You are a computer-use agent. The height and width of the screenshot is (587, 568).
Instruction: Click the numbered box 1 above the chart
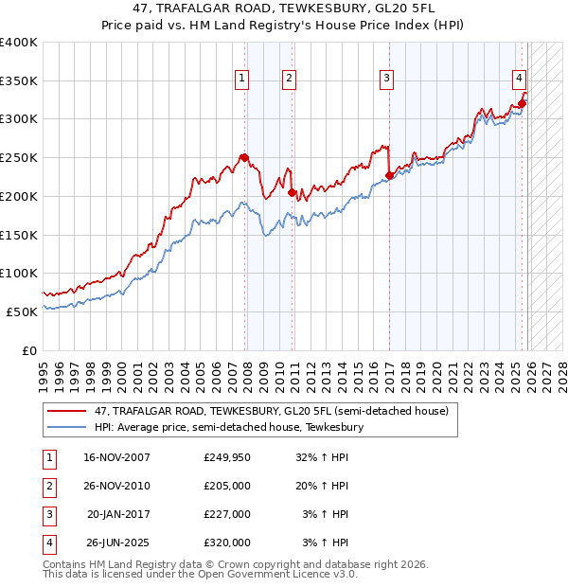(x=242, y=79)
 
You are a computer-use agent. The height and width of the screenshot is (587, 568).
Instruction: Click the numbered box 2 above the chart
(x=289, y=79)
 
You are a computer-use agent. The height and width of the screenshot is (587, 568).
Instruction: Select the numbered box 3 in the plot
(x=387, y=79)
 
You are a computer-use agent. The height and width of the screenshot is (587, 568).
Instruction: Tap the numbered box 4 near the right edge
(x=520, y=79)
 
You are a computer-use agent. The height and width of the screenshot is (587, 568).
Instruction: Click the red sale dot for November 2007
(x=244, y=157)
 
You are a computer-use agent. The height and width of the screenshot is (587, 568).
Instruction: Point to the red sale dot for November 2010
(x=292, y=192)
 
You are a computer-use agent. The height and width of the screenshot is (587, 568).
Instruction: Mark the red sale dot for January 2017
(x=389, y=175)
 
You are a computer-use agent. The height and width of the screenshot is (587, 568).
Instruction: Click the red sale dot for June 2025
(x=522, y=103)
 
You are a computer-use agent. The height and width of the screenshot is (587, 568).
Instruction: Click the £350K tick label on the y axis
(x=19, y=80)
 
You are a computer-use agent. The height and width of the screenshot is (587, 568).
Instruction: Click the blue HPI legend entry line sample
(x=67, y=428)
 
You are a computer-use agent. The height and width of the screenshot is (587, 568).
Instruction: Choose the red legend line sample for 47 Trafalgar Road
(x=67, y=411)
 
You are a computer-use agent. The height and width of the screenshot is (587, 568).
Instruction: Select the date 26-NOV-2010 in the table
(x=117, y=487)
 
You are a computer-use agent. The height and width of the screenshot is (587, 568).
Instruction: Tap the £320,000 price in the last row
(x=227, y=543)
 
